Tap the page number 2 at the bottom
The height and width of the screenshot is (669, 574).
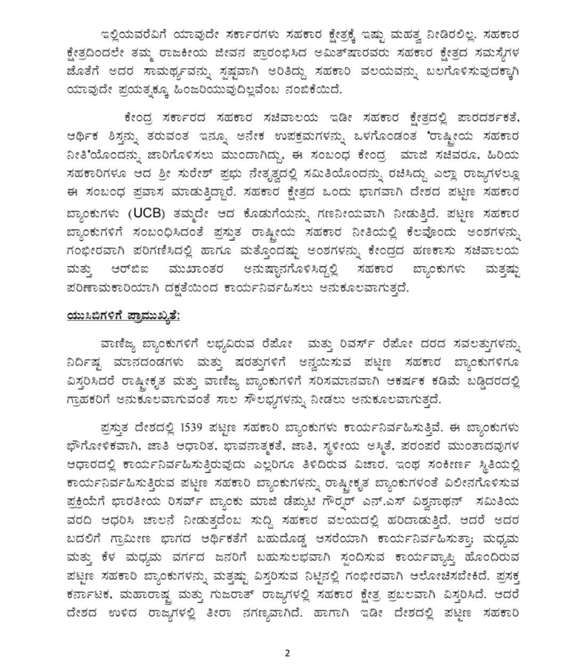pos(287,654)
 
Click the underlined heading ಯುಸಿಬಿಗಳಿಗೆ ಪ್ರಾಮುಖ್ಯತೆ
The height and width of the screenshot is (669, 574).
pos(124,316)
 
